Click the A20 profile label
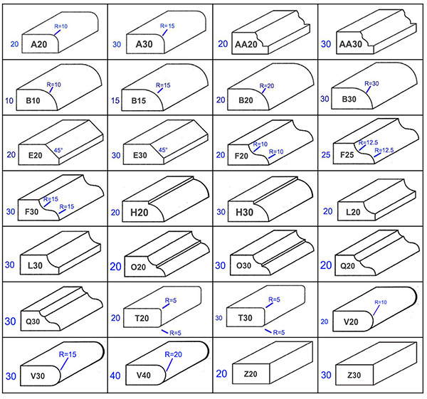tap(39, 44)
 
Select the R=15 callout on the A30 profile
tap(167, 26)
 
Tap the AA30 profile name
tap(350, 44)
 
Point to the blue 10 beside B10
tap(9, 101)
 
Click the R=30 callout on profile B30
tap(371, 83)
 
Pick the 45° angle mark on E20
tap(58, 150)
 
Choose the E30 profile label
tap(140, 155)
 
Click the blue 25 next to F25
tap(326, 155)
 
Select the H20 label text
tap(139, 212)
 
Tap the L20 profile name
tap(353, 212)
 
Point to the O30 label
tap(243, 265)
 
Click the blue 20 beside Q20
tap(326, 265)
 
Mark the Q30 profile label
tap(33, 321)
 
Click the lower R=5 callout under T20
tap(175, 333)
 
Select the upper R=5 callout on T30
tap(274, 299)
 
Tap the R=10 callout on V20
tap(381, 302)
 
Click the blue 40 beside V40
tap(115, 376)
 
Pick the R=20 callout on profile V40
tap(173, 354)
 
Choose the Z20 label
tap(251, 374)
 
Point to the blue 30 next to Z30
tap(326, 375)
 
